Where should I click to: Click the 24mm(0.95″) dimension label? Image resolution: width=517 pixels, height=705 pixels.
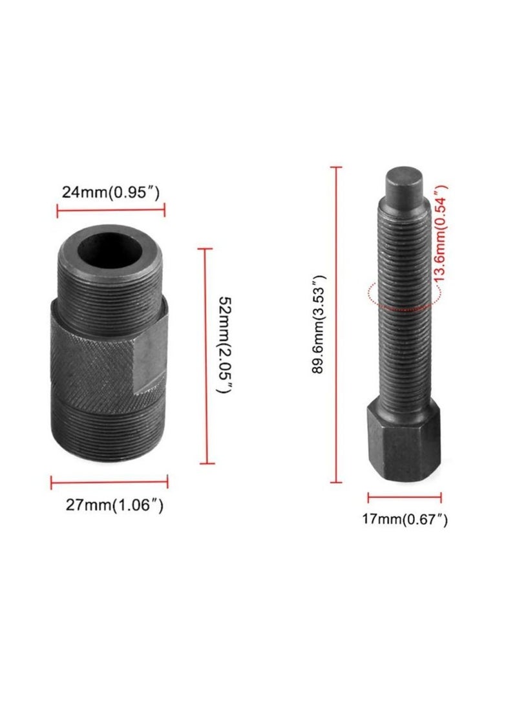pos(110,192)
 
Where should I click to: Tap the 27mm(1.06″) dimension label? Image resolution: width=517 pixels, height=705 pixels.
pos(114,505)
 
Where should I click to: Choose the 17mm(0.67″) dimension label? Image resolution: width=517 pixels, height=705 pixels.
pos(405,519)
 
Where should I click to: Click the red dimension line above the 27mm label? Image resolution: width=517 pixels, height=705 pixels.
pos(110,481)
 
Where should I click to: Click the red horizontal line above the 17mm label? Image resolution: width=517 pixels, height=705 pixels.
pos(405,498)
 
